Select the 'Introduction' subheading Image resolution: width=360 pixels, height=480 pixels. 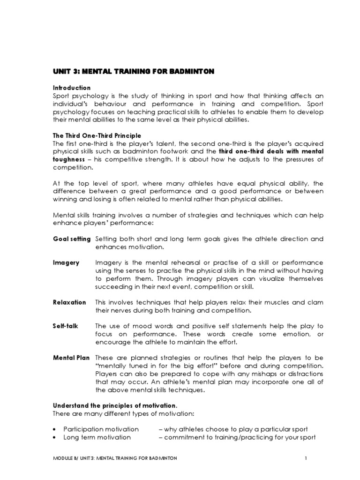tap(71, 88)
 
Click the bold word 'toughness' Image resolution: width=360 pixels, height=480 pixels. tap(67, 159)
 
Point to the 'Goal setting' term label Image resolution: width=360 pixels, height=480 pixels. tap(71, 239)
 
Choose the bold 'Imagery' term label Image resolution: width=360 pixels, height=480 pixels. tap(66, 262)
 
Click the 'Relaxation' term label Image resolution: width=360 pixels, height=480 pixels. tap(69, 302)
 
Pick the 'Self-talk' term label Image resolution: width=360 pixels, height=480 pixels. tap(65, 326)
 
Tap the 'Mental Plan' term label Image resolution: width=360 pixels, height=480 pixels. tap(71, 358)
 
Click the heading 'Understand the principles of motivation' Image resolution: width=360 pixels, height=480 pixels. tap(114, 405)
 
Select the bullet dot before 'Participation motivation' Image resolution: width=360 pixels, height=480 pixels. tap(55, 429)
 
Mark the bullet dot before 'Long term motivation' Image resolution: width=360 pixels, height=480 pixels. tap(55, 437)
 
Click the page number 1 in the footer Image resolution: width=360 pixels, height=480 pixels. tap(306, 458)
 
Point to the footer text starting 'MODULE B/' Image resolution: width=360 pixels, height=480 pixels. tap(114, 458)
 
